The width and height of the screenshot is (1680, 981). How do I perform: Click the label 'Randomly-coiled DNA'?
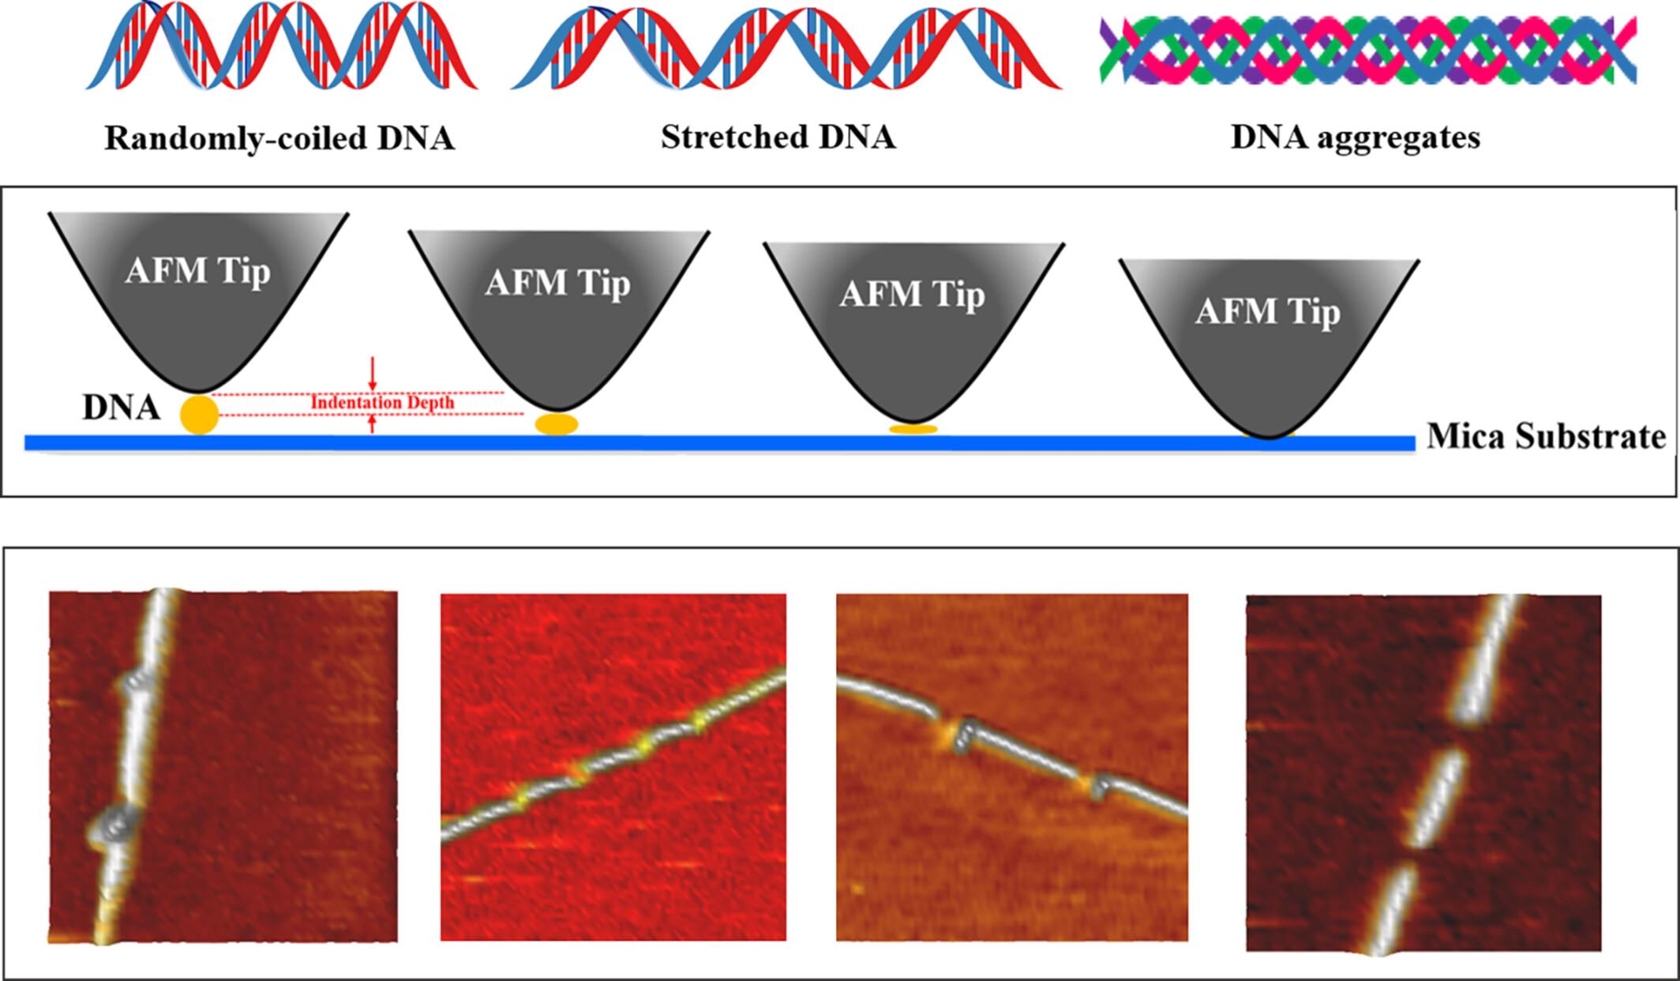pyautogui.click(x=279, y=139)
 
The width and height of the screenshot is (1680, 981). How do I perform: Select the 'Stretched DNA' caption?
pyautogui.click(x=778, y=137)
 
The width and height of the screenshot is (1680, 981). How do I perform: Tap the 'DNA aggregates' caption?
pyautogui.click(x=1355, y=137)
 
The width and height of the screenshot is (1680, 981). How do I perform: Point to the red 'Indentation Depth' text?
pyautogui.click(x=382, y=403)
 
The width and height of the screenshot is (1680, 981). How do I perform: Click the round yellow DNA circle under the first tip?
pyautogui.click(x=199, y=415)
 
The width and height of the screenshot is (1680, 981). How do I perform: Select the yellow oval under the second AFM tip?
pyautogui.click(x=557, y=424)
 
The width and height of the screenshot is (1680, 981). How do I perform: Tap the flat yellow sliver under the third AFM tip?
pyautogui.click(x=913, y=429)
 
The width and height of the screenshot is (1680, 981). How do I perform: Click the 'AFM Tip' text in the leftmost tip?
pyautogui.click(x=197, y=272)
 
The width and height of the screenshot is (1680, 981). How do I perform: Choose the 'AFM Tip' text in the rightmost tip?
pyautogui.click(x=1267, y=311)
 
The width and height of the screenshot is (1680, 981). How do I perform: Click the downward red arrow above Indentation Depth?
pyautogui.click(x=373, y=374)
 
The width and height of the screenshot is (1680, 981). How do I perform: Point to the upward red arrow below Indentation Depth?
pyautogui.click(x=373, y=424)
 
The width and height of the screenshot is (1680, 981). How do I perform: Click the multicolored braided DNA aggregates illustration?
pyautogui.click(x=1367, y=51)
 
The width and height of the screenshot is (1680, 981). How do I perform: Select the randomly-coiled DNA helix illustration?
pyautogui.click(x=281, y=47)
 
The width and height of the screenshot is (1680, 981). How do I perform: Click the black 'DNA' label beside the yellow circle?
pyautogui.click(x=121, y=408)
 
